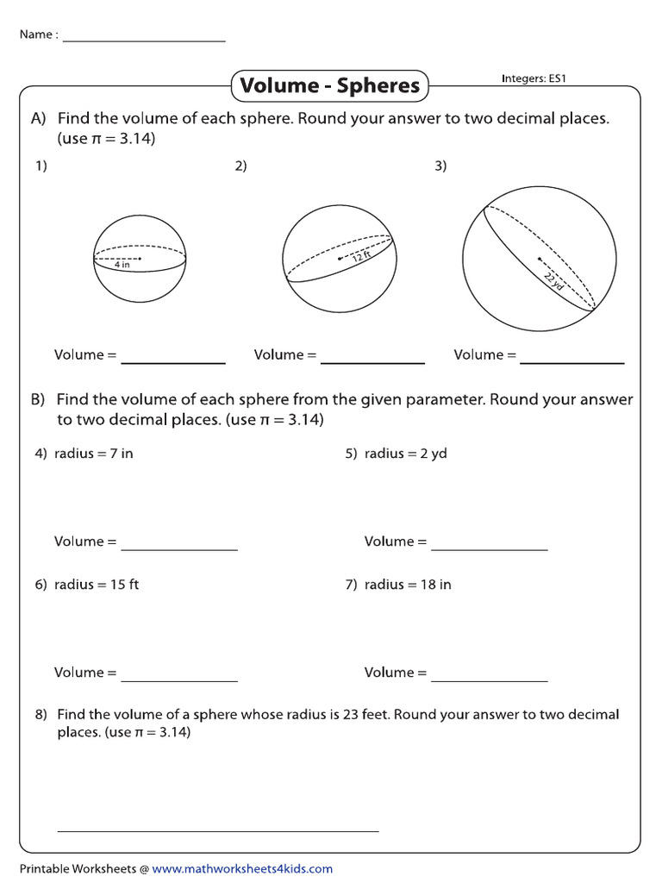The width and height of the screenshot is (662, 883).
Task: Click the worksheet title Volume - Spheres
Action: pos(329,85)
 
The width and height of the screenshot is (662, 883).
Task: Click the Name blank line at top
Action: pos(144,41)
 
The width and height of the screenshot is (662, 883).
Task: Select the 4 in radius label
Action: pos(122,265)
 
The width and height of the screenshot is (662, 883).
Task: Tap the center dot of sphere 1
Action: pos(140,257)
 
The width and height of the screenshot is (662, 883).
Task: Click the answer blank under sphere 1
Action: pos(173,362)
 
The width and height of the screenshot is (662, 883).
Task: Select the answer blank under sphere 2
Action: pos(372,362)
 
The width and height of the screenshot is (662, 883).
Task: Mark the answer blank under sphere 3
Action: pos(572,362)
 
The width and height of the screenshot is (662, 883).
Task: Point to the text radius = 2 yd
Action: pos(405,454)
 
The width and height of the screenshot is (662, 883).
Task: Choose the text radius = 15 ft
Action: pos(97,585)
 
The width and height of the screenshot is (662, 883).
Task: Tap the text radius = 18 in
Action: pos(408,585)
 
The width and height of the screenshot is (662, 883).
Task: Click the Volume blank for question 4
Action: pos(179,548)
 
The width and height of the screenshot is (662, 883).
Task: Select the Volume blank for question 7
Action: pos(490,679)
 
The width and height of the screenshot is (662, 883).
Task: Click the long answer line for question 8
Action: pos(218,830)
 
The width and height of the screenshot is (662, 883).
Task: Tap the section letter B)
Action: pos(38,400)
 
